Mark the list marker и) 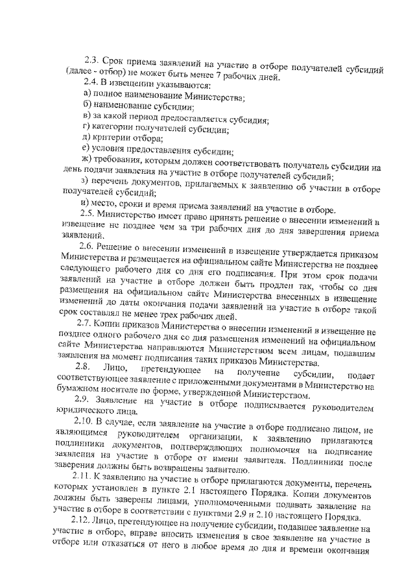point(79,202)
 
